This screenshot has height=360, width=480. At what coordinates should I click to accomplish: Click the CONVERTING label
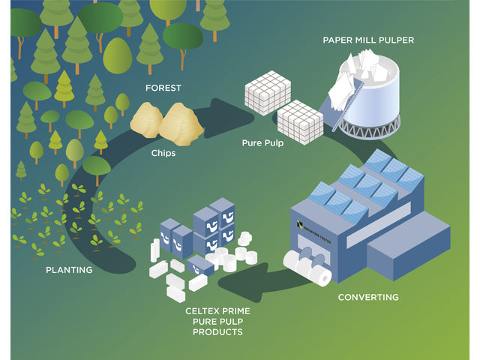368,297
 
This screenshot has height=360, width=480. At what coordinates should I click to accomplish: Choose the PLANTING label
69,270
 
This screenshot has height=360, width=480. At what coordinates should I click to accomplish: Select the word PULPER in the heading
396,40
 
